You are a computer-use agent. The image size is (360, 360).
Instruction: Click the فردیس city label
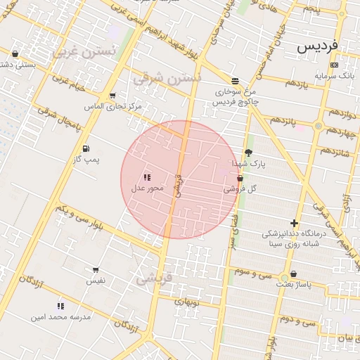click(317, 46)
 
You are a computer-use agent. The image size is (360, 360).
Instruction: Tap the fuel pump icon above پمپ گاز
click(86, 148)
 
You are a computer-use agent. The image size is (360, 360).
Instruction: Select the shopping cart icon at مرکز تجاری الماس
click(112, 96)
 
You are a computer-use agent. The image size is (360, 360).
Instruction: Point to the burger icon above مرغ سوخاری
click(234, 81)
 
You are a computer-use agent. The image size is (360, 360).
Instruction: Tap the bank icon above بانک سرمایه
click(334, 64)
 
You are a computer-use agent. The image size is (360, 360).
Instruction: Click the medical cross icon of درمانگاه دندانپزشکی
click(294, 223)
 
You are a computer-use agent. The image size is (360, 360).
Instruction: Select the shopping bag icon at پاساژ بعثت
click(293, 274)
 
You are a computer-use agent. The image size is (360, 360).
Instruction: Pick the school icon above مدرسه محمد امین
click(60, 306)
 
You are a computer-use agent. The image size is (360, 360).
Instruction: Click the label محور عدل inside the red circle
click(147, 188)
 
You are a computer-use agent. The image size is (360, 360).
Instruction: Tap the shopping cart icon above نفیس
click(96, 270)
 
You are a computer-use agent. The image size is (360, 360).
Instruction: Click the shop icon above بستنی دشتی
click(15, 53)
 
